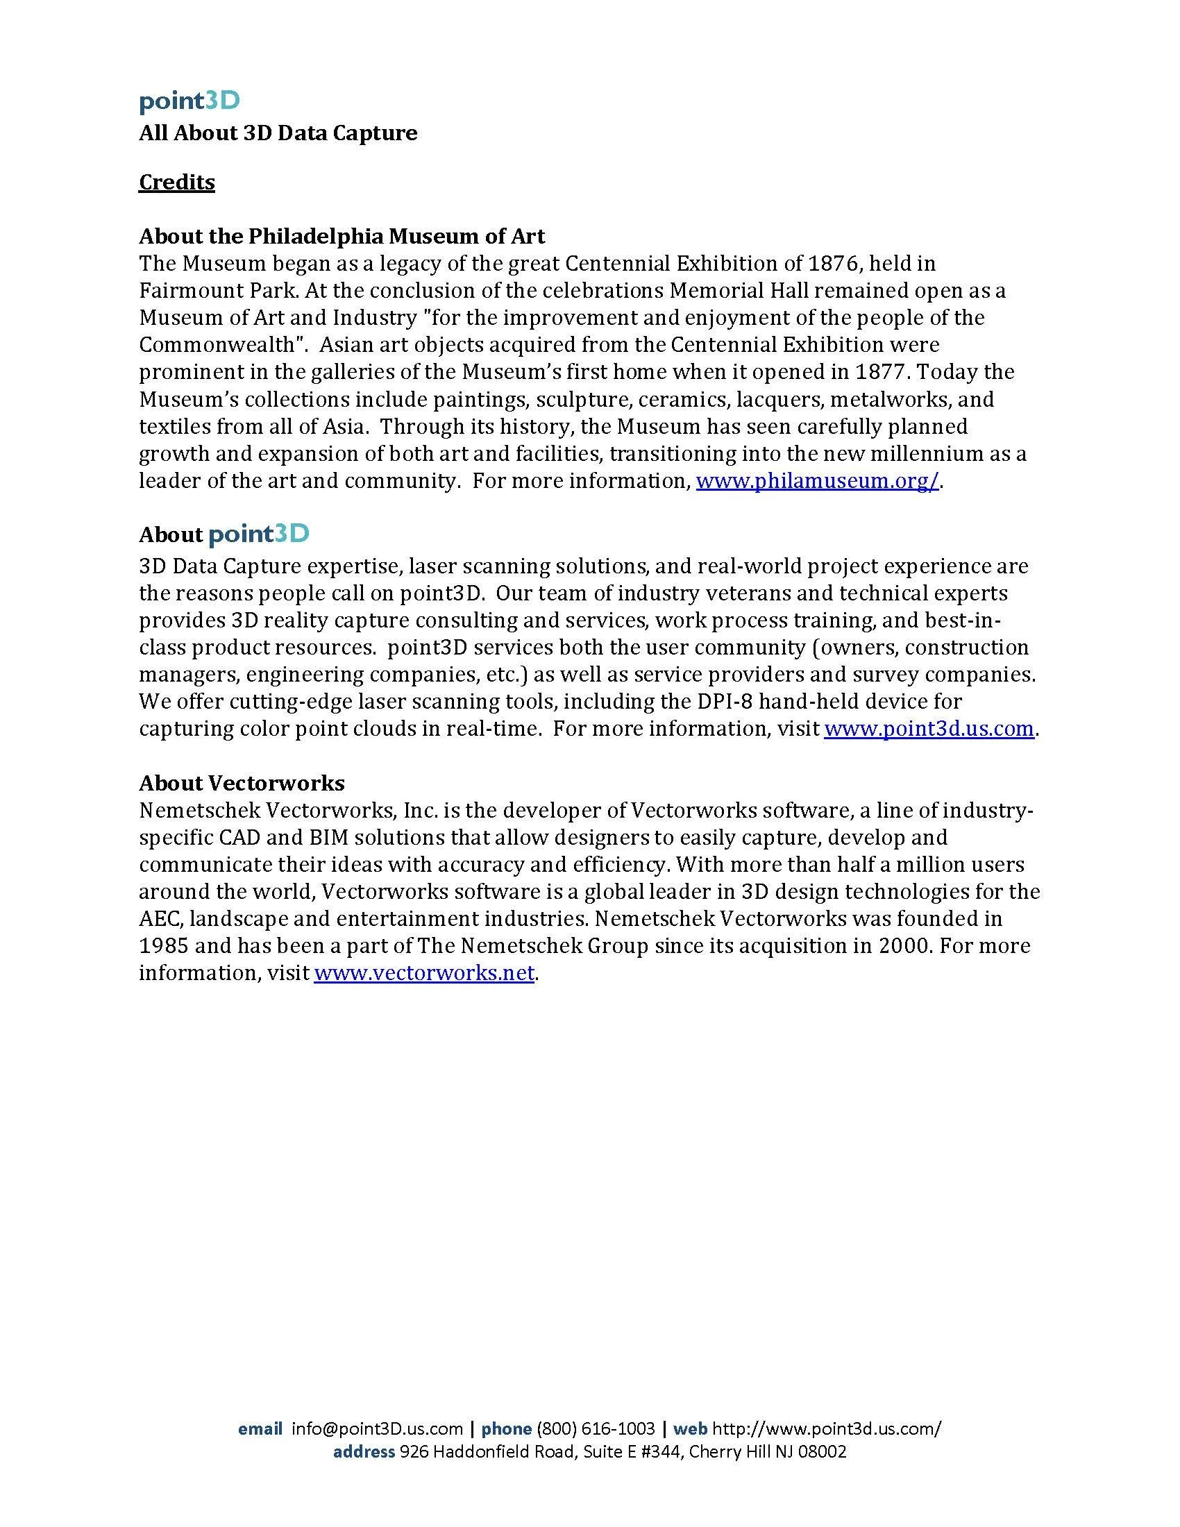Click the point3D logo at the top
pyautogui.click(x=189, y=101)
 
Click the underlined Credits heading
pyautogui.click(x=177, y=182)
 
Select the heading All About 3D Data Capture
pyautogui.click(x=278, y=133)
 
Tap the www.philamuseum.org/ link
pyautogui.click(x=817, y=481)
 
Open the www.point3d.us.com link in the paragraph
pyautogui.click(x=928, y=729)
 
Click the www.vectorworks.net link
pyautogui.click(x=424, y=972)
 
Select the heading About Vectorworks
pyautogui.click(x=242, y=782)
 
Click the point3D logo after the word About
pyautogui.click(x=259, y=535)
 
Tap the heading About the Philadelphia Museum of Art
pyautogui.click(x=342, y=236)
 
